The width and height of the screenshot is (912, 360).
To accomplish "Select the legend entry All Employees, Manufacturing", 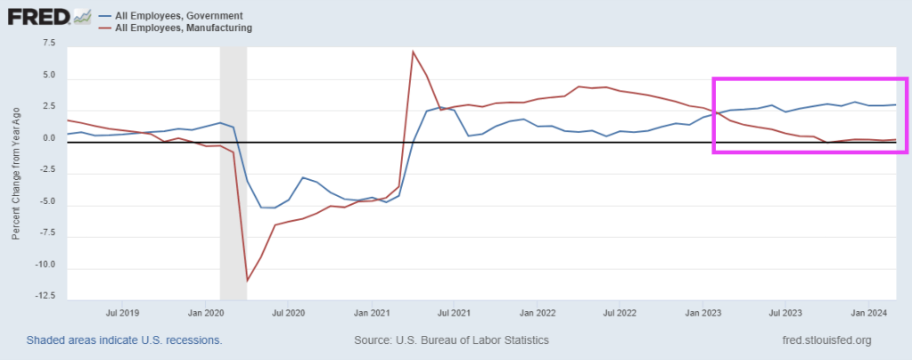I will pos(178,28).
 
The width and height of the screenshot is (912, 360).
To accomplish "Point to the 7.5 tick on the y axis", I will pos(47,43).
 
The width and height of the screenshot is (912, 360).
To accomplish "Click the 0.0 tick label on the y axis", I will pos(47,138).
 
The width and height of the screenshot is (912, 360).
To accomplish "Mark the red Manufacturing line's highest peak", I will pos(413,52).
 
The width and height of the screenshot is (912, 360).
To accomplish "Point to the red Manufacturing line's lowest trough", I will pos(247,281).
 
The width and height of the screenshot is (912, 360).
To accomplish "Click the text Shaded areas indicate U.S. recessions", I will pos(124,340).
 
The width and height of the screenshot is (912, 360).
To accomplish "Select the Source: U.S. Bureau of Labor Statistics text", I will pos(451,340).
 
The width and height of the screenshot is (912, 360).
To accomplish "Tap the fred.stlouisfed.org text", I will pos(825,340).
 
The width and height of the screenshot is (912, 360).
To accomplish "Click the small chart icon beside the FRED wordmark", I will pos(83,16).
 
